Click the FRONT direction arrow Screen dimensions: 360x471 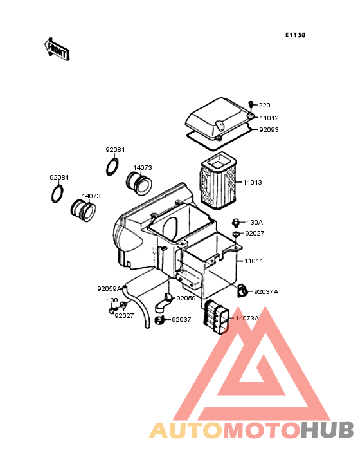(x=57, y=50)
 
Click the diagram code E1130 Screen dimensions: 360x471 (x=296, y=35)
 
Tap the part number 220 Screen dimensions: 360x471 (x=264, y=105)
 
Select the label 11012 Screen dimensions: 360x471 (x=269, y=118)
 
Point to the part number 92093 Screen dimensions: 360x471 (x=269, y=130)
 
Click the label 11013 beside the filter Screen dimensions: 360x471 (x=252, y=182)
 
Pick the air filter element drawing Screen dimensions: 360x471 (x=218, y=182)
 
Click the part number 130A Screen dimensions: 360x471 (x=255, y=222)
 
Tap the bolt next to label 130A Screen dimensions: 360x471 (x=236, y=223)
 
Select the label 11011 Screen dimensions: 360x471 (x=253, y=261)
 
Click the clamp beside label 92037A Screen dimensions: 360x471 (x=242, y=291)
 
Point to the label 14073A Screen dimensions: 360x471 (x=247, y=318)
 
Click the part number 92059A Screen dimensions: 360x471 (x=109, y=289)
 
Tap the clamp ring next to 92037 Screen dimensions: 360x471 (x=159, y=320)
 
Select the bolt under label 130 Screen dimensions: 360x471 (x=113, y=309)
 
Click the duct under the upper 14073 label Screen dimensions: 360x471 (x=139, y=183)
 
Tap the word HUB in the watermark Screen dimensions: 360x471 (x=327, y=430)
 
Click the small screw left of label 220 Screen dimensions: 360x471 (x=251, y=104)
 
